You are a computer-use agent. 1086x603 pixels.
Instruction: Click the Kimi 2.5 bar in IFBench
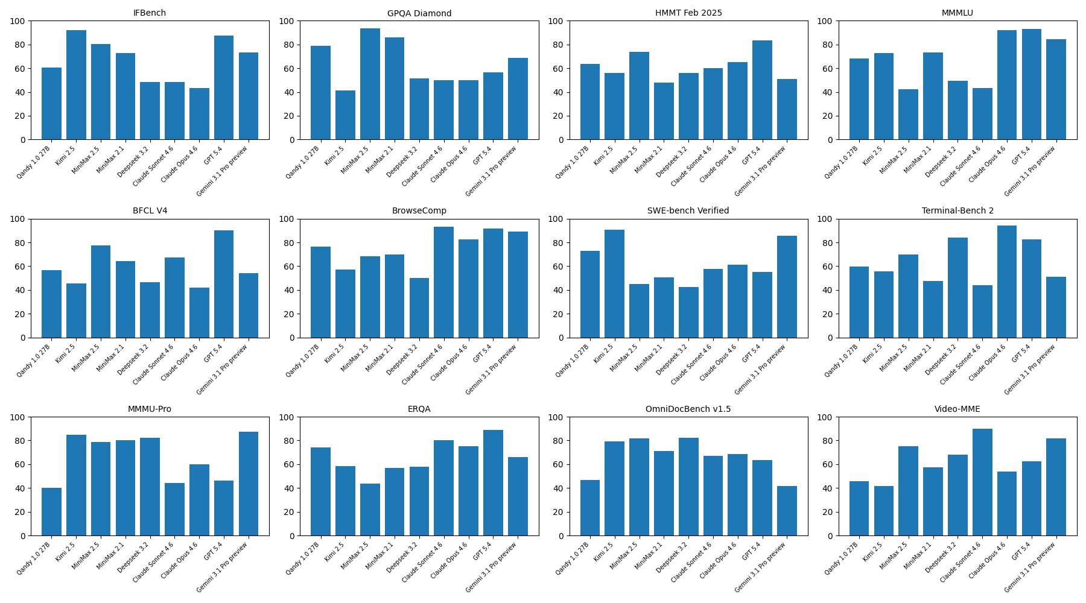coord(76,85)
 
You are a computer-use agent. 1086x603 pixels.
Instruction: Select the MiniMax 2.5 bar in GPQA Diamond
coord(370,84)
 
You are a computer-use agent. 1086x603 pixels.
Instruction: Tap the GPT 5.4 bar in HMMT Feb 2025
coord(762,90)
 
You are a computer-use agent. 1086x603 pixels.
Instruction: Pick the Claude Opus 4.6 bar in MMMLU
coord(1006,85)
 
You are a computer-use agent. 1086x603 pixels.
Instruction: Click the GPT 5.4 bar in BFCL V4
coord(224,284)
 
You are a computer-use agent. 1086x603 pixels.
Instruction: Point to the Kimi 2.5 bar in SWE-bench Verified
coord(614,283)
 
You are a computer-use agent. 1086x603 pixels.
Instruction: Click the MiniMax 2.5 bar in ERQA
coord(370,510)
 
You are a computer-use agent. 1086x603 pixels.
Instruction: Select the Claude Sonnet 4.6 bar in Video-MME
coord(982,482)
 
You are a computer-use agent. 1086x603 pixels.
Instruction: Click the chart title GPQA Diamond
coord(419,13)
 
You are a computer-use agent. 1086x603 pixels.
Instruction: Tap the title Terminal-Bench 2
coord(957,211)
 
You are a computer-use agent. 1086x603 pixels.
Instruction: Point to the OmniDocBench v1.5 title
coord(688,409)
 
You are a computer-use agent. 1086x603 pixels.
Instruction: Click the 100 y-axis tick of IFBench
coord(18,21)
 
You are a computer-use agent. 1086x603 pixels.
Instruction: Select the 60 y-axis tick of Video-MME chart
coord(829,464)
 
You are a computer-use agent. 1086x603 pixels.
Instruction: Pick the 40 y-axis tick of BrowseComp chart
coord(291,290)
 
